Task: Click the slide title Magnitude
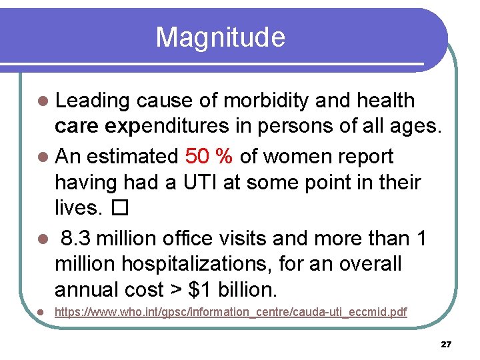(220, 37)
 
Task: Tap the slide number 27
(446, 345)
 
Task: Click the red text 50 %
(209, 157)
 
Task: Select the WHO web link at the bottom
(231, 312)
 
